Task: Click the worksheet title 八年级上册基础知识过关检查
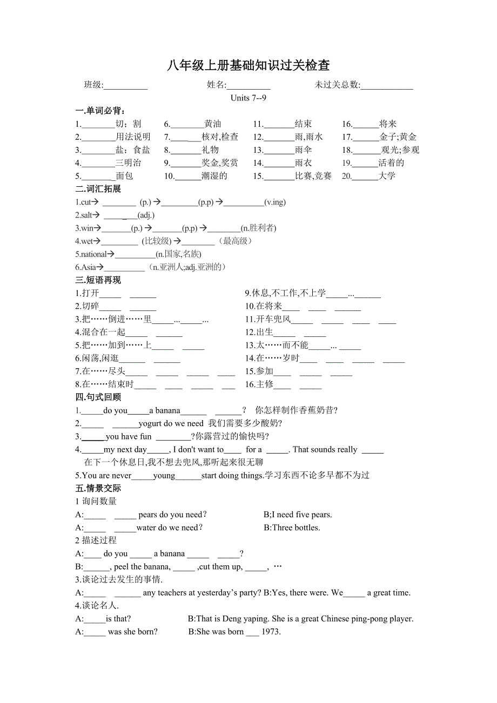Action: click(x=248, y=66)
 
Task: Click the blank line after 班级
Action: click(x=125, y=85)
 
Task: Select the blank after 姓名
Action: click(x=249, y=85)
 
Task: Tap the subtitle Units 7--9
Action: click(x=249, y=98)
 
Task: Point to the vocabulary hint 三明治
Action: click(x=129, y=163)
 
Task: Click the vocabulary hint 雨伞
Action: click(x=304, y=150)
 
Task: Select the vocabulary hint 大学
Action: click(x=387, y=176)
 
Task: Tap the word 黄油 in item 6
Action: click(x=213, y=124)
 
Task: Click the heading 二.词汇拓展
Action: click(x=98, y=189)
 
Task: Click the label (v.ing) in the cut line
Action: click(x=275, y=202)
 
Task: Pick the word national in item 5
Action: click(x=93, y=254)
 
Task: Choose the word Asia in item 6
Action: click(x=88, y=267)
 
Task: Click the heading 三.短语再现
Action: click(x=98, y=280)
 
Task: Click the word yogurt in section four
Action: click(x=150, y=424)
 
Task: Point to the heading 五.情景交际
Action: click(x=98, y=489)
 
